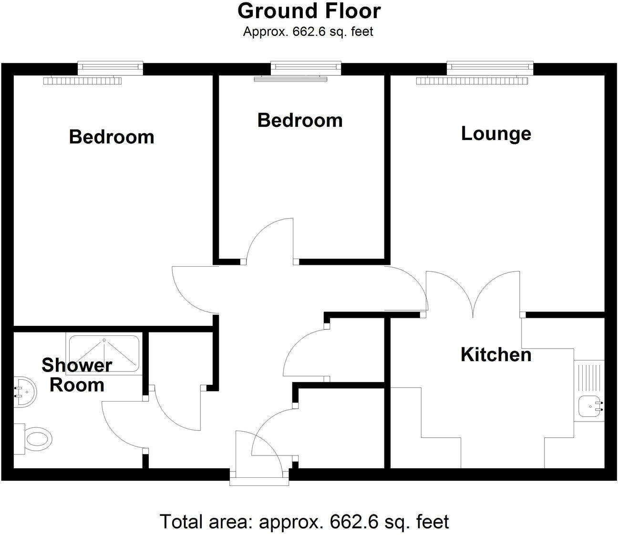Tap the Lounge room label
pos(496,133)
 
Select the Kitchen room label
pos(496,355)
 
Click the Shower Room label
pos(76,375)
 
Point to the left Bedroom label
pos(112,137)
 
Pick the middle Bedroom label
pos(300,120)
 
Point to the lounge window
pos(490,68)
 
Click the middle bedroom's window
pos(306,68)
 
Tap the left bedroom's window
pos(110,68)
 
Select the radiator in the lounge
pos(473,81)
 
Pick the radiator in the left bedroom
pos(83,81)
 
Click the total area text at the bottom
pos(304,522)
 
